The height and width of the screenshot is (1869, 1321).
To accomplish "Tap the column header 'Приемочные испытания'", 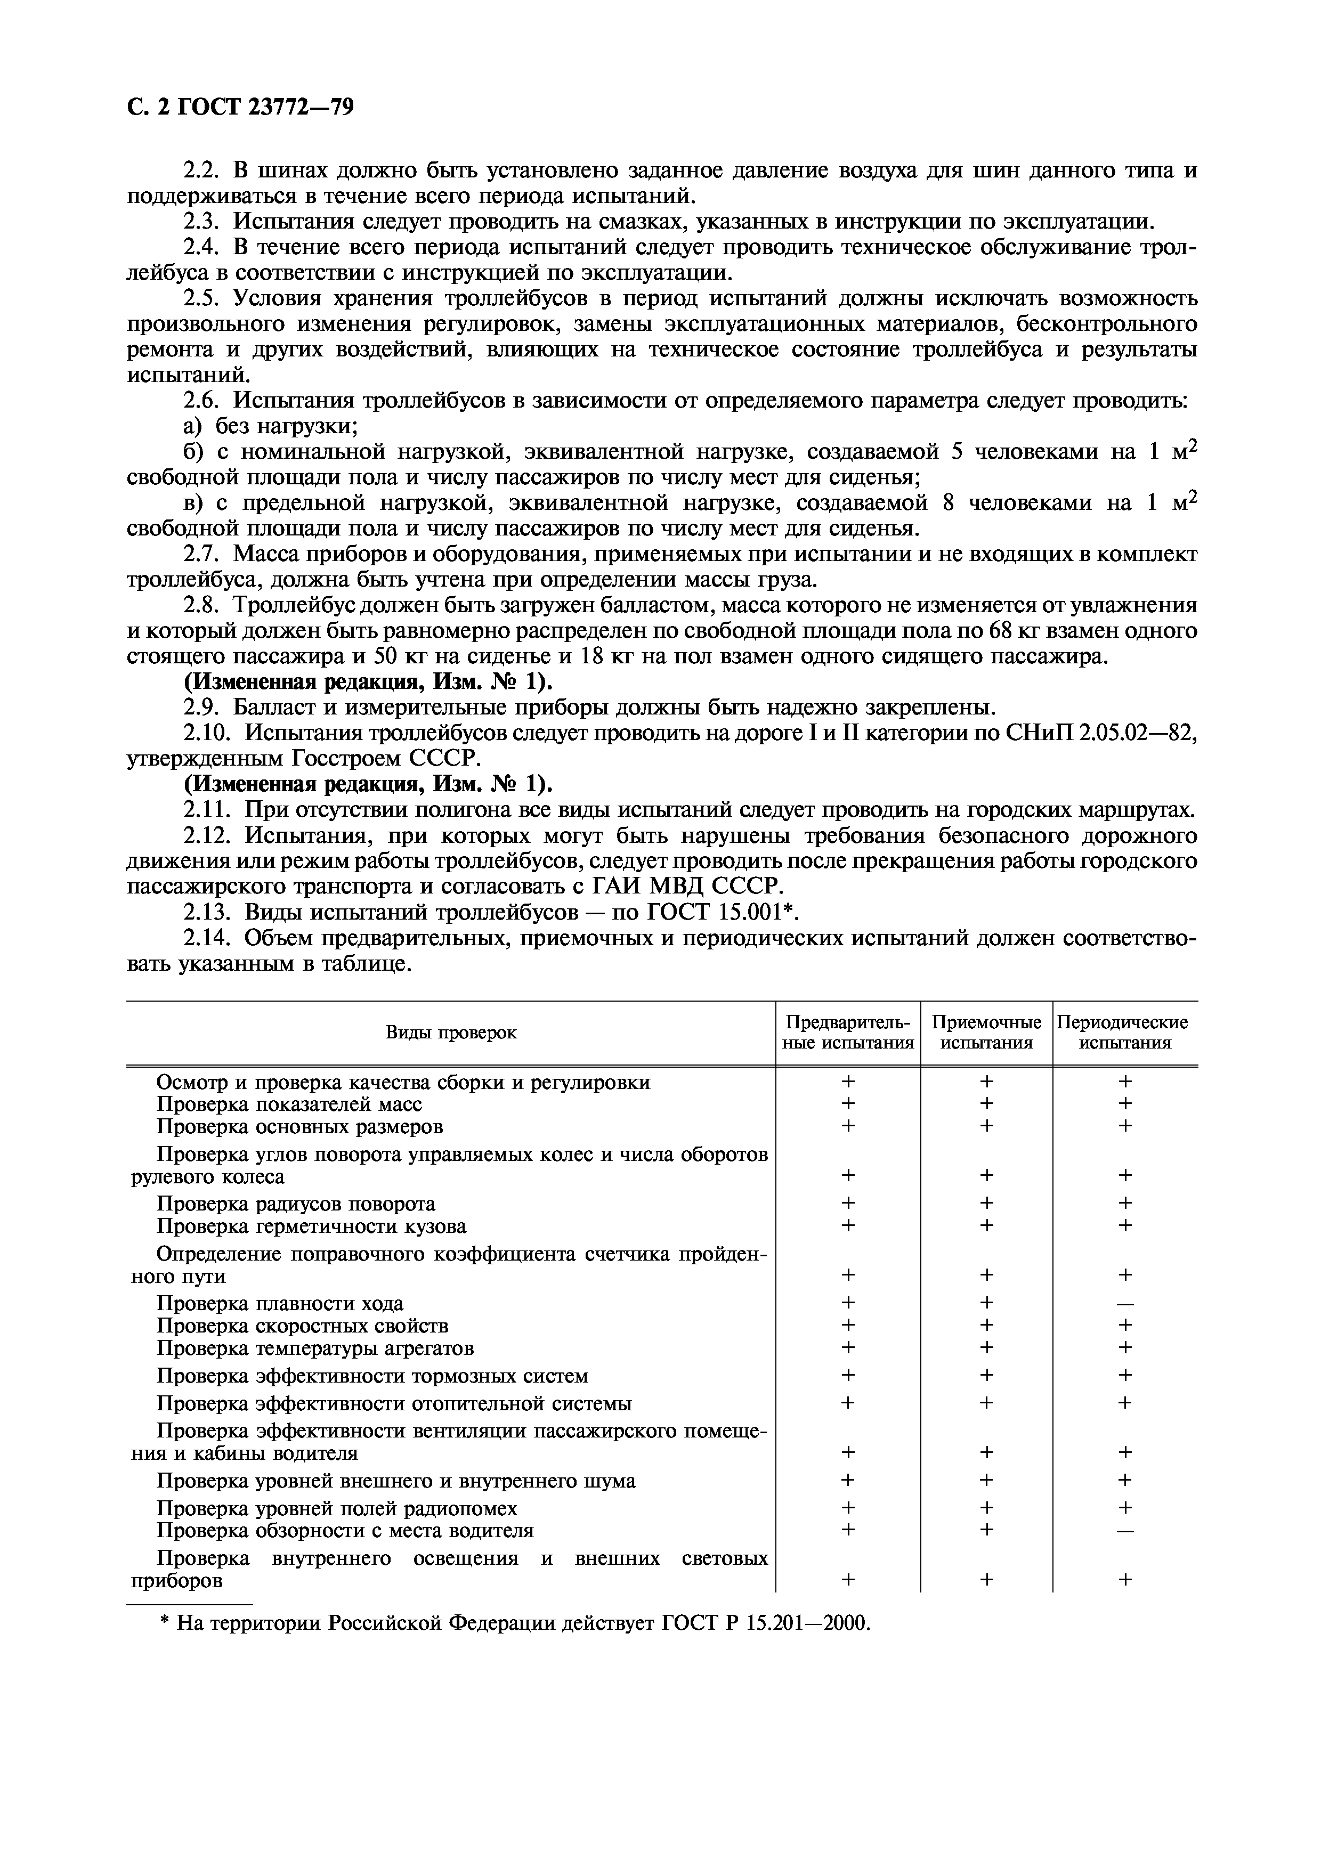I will (986, 1032).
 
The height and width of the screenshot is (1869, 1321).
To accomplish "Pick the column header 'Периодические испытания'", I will (1125, 1032).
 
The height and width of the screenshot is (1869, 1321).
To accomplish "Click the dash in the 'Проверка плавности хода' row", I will (1125, 1304).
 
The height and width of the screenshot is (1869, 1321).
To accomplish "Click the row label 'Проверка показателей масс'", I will (289, 1104).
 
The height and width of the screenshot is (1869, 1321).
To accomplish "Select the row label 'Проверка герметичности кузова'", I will (311, 1226).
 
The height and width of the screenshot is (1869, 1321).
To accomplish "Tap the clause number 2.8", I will (204, 605).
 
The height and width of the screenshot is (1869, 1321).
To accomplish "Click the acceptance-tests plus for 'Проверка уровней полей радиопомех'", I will (986, 1508).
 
